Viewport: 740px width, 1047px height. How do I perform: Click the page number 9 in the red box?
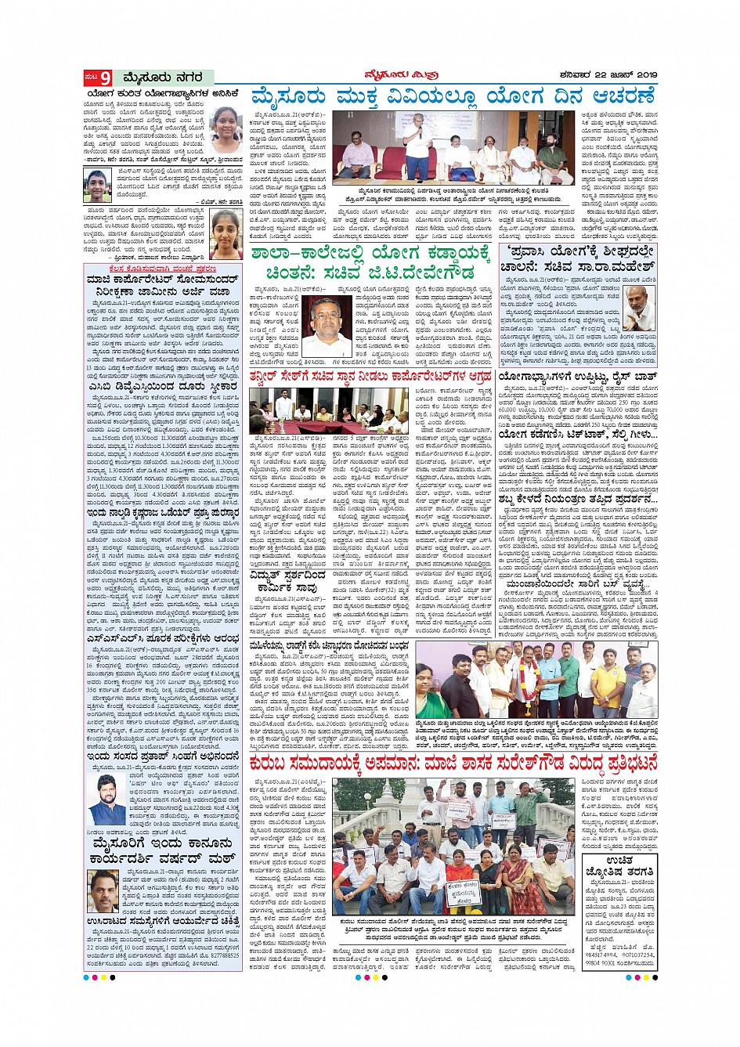[x=104, y=77]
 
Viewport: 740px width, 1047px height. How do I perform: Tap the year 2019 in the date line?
[x=645, y=74]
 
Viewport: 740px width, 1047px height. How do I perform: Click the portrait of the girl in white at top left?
[x=226, y=129]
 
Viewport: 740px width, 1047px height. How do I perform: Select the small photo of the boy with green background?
[x=98, y=186]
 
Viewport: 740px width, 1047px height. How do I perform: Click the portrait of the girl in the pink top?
[x=226, y=234]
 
